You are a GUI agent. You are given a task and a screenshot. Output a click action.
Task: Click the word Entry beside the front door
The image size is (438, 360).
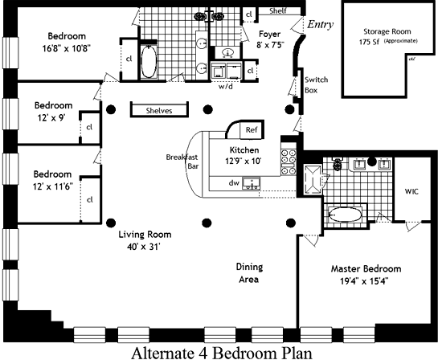click(x=320, y=25)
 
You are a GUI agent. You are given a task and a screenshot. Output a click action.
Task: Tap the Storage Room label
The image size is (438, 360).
click(x=387, y=31)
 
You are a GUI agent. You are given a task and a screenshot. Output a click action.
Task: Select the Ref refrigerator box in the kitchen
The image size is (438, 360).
click(x=252, y=130)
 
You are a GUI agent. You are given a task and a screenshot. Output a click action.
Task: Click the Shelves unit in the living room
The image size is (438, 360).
click(x=159, y=109)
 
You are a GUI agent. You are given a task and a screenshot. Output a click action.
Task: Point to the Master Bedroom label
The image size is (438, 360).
click(x=366, y=268)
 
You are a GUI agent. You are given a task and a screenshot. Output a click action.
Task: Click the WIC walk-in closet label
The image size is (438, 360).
click(x=411, y=191)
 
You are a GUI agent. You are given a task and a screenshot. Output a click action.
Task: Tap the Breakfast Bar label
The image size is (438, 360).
click(x=182, y=162)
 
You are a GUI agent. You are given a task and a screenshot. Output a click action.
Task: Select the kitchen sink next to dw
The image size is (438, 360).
click(x=251, y=183)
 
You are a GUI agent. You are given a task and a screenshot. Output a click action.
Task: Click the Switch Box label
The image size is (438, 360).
click(x=316, y=85)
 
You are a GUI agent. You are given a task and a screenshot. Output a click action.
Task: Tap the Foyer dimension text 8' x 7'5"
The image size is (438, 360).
click(x=270, y=45)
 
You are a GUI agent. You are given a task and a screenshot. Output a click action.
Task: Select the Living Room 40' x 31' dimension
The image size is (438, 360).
click(x=143, y=247)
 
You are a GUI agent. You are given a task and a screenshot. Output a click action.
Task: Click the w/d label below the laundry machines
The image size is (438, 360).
click(x=225, y=87)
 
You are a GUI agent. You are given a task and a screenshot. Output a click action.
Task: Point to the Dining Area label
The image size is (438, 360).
click(x=249, y=273)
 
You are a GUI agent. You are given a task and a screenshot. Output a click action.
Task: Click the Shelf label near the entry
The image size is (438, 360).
click(x=278, y=11)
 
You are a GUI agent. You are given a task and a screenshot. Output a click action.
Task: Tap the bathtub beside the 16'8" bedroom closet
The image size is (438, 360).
click(x=149, y=61)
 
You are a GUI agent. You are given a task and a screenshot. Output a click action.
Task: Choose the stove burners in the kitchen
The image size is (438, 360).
click(x=289, y=162)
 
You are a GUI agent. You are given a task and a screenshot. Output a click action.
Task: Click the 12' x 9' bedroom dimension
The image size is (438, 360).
click(x=51, y=118)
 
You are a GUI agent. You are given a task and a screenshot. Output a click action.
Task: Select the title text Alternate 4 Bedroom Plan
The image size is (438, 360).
click(x=222, y=353)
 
